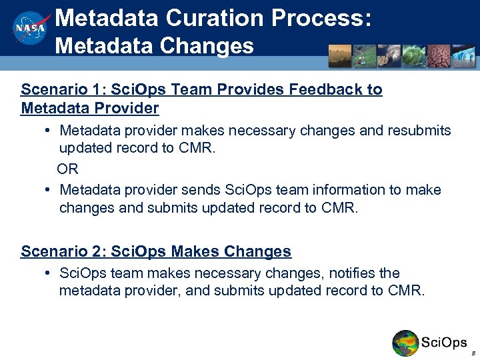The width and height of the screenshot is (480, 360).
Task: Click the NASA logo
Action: (31, 29)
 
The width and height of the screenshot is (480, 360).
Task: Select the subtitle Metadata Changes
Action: (154, 46)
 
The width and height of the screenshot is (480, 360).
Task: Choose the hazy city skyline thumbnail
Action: (340, 56)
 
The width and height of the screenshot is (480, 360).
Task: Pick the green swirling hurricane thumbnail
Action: (413, 56)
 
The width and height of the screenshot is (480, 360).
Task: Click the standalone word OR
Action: (67, 169)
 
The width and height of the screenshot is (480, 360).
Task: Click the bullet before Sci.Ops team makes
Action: (50, 273)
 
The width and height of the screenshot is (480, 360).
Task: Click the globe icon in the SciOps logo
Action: (405, 343)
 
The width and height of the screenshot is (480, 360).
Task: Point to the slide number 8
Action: (472, 353)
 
